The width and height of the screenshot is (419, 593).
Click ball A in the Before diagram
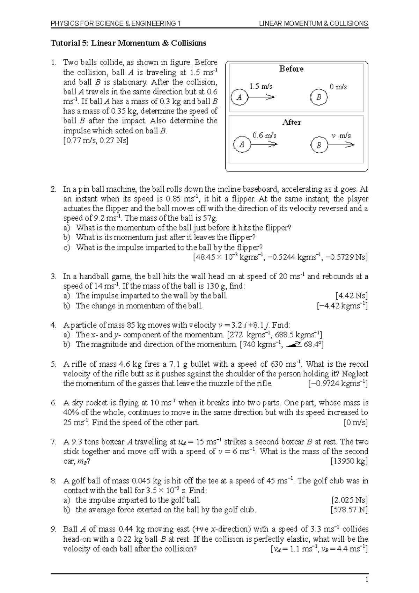tap(239, 97)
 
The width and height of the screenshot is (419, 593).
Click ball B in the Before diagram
tap(319, 97)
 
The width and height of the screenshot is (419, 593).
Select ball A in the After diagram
tap(242, 145)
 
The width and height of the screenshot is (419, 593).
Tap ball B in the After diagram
tap(319, 145)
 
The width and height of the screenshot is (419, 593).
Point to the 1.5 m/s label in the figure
tap(261, 86)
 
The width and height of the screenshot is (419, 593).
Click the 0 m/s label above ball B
tap(338, 87)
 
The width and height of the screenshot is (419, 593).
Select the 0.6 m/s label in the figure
tap(264, 136)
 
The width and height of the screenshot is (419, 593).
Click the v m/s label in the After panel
tap(341, 136)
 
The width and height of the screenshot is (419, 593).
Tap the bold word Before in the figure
tap(291, 69)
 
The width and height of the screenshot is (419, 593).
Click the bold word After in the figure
tap(292, 122)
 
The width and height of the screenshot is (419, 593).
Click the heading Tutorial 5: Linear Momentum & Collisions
tap(128, 43)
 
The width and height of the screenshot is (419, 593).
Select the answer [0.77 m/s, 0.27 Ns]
tap(96, 140)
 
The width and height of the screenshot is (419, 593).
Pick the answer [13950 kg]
tap(349, 461)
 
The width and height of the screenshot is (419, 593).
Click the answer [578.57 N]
tap(349, 510)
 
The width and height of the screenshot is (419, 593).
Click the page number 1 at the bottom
tap(367, 580)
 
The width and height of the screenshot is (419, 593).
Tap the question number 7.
tap(53, 442)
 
